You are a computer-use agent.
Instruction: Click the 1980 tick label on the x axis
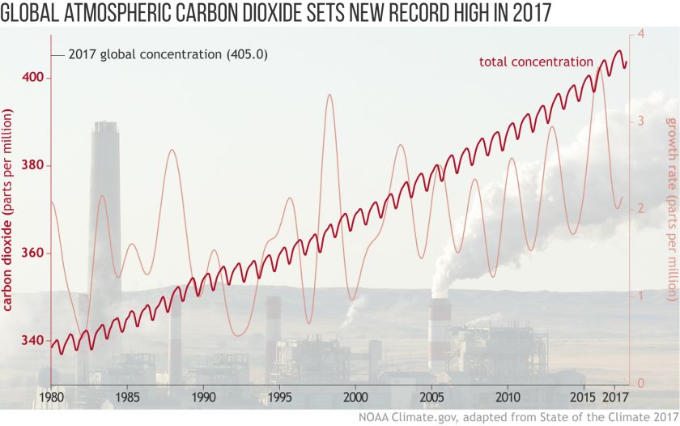tap(52, 398)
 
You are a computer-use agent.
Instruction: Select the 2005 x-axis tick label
tap(432, 398)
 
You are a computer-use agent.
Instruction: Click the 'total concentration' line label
tap(536, 62)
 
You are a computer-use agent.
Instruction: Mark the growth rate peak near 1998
tap(329, 95)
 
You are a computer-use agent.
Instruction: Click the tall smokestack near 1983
tap(104, 202)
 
